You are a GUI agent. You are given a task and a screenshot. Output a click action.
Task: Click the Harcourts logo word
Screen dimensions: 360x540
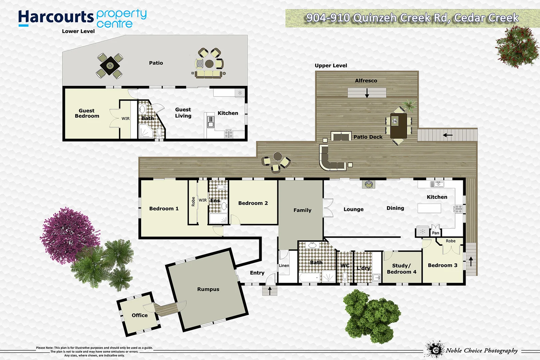[56, 17]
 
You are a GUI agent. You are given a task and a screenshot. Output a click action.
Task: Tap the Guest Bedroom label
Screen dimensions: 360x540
[87, 113]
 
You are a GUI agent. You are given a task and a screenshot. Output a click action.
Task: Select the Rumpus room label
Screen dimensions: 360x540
[208, 289]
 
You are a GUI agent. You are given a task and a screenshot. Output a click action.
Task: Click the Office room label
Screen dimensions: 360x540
[139, 315]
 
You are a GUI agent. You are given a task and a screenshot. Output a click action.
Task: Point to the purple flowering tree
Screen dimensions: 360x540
[68, 235]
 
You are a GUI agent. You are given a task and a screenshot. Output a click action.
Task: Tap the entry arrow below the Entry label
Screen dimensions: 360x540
[270, 291]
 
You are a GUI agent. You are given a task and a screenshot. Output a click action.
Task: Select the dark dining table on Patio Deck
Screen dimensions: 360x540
[399, 126]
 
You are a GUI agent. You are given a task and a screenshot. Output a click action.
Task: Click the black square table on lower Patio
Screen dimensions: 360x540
[110, 65]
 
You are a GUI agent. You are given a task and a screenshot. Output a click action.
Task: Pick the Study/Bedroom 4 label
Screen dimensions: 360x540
[401, 269]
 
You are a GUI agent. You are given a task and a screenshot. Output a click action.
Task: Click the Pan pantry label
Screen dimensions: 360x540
[435, 233]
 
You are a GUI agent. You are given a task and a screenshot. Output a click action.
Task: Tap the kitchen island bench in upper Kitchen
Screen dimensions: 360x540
[429, 208]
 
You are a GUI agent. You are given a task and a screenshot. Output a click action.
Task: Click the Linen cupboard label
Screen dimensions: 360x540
[284, 266]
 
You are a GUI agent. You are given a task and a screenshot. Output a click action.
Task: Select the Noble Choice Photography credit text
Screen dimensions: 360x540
[482, 350]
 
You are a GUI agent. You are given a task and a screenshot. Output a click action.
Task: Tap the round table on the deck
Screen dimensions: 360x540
[277, 156]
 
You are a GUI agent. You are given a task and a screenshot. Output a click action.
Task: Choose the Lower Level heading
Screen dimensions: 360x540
[78, 31]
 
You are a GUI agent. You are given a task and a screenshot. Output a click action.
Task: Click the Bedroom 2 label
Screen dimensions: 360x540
[253, 203]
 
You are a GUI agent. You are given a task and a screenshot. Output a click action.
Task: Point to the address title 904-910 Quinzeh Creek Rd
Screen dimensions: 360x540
[412, 18]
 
